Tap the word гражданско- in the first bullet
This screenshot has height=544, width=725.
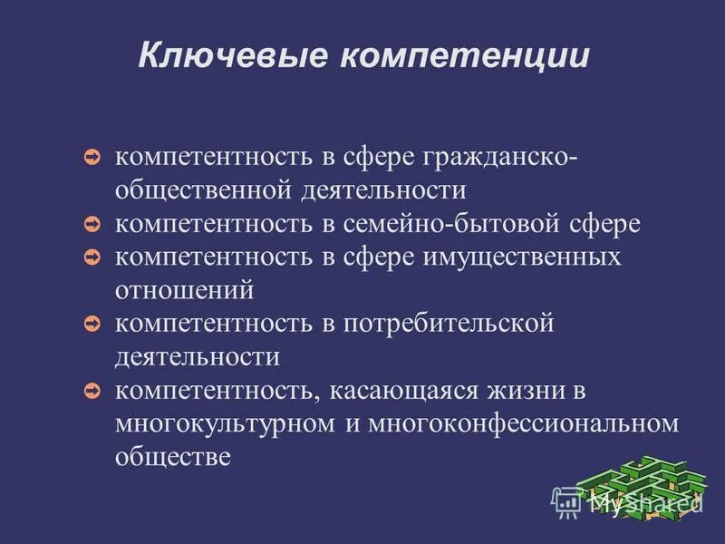(472, 157)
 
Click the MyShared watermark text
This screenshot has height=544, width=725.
(634, 500)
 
